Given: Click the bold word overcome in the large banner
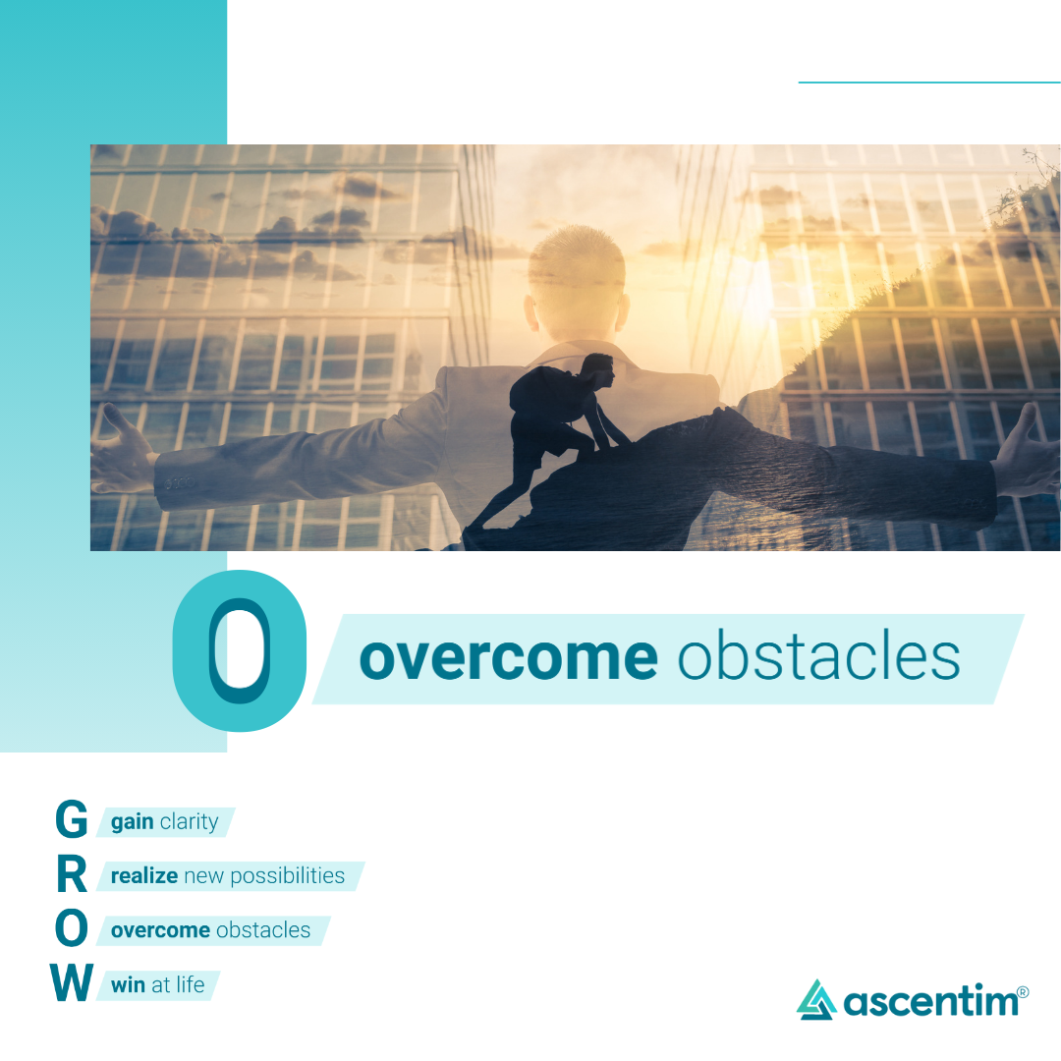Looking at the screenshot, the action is click(x=508, y=657).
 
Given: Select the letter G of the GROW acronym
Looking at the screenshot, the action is click(x=71, y=818).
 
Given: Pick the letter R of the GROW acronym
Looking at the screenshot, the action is click(x=72, y=873).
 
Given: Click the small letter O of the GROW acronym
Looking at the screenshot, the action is click(x=71, y=927).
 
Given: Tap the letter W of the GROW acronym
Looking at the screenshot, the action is click(x=72, y=981).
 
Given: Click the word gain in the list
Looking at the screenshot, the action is click(x=133, y=822).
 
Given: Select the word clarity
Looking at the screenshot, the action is click(x=190, y=821).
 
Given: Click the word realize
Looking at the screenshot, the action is click(x=144, y=875).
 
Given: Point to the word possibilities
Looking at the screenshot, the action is click(x=288, y=876).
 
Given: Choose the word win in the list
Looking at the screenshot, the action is click(x=129, y=984).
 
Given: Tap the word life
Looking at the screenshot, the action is click(x=191, y=983).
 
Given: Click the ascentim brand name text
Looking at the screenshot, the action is click(x=930, y=1000).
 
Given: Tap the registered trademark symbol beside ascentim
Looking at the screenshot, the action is click(x=1023, y=992).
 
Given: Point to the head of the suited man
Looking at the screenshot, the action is click(x=577, y=283).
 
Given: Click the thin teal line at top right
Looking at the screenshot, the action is click(x=929, y=83).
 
